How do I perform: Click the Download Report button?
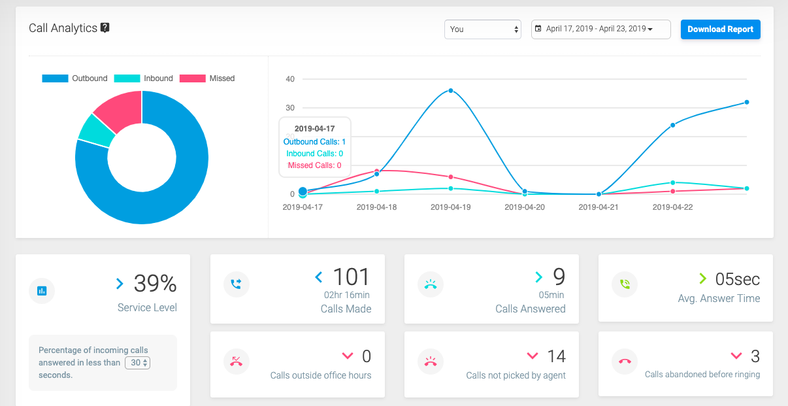[x=720, y=29]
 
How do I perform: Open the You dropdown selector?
[x=482, y=29]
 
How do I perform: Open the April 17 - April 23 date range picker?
[x=600, y=29]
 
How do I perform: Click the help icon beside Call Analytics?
[x=105, y=28]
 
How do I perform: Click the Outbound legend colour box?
[x=55, y=78]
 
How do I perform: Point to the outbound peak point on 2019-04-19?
[x=451, y=91]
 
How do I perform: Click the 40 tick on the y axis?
[x=290, y=79]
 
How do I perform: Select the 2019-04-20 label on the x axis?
[x=525, y=207]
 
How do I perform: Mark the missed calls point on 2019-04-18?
[x=377, y=171]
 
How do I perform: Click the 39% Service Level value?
[x=155, y=283]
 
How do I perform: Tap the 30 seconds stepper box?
[x=137, y=363]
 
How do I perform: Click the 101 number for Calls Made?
[x=352, y=277]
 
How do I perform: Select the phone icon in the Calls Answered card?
[x=430, y=284]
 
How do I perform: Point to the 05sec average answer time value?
[x=737, y=279]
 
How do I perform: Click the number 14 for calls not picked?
[x=556, y=356]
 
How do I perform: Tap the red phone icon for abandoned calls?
[x=625, y=362]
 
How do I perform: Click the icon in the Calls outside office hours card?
[x=237, y=362]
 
